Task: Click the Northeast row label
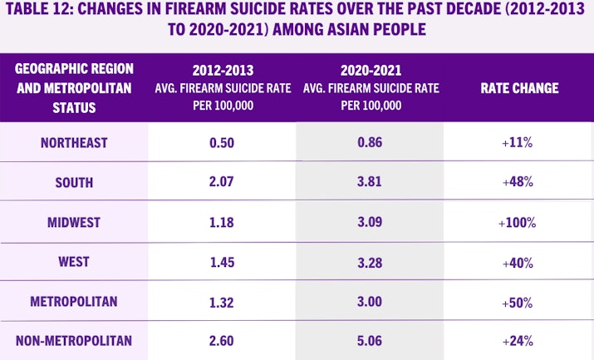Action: click(74, 143)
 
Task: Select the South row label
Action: click(74, 183)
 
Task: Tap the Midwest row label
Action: click(74, 223)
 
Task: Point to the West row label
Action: click(74, 262)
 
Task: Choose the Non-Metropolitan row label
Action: click(74, 340)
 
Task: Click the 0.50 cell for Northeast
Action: click(222, 143)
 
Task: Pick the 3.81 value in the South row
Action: click(370, 183)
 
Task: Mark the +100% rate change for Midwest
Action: click(518, 223)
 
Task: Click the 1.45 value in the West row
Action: click(222, 262)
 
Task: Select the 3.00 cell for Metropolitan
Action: click(370, 301)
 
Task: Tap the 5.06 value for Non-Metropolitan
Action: click(370, 340)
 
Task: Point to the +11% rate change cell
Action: click(518, 143)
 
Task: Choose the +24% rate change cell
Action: click(518, 340)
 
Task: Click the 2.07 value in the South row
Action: click(222, 183)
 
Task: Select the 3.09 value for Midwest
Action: click(370, 223)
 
